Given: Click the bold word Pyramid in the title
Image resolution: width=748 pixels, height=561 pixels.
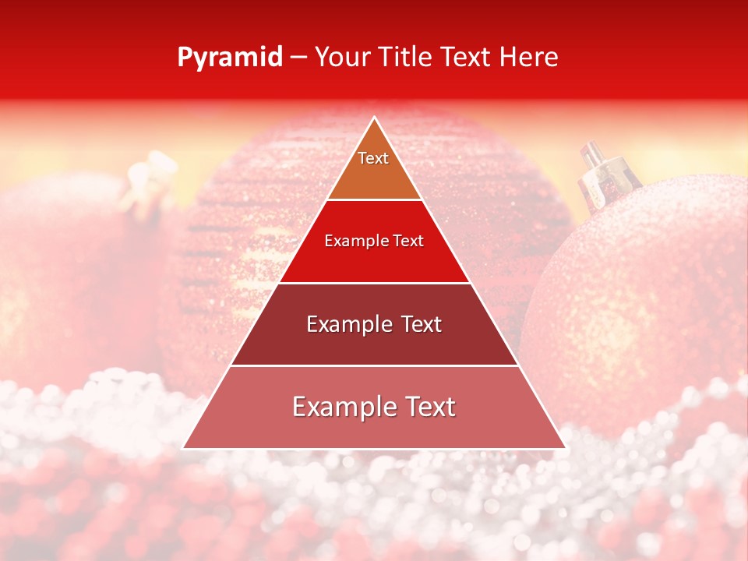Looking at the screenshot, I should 230,58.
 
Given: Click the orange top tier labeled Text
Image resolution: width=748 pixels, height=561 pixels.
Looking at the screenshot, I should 374,168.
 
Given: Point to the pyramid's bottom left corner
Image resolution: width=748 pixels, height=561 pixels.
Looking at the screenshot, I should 183,448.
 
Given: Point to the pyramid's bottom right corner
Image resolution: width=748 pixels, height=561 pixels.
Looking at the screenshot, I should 566,448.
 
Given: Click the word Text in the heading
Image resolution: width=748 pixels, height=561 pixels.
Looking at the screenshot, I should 465,58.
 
